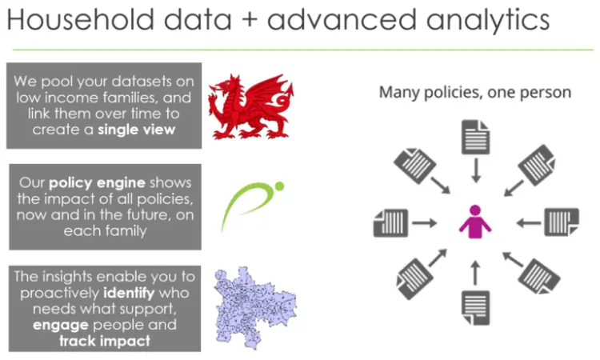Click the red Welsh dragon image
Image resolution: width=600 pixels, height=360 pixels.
pos(251,106)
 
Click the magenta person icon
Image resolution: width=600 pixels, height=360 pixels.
pos(475,222)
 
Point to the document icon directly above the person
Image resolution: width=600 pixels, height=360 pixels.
pos(475,137)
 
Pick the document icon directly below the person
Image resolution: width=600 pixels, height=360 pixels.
pos(475,307)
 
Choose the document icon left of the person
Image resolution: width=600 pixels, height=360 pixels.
pos(390,222)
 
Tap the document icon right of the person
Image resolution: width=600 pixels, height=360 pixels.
pos(562,222)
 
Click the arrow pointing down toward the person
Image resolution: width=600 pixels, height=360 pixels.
pos(476,170)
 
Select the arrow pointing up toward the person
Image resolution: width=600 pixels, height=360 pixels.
pos(475,273)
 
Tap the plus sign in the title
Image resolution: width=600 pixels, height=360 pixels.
pos(250,20)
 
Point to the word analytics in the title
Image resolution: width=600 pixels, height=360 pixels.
pos(488,20)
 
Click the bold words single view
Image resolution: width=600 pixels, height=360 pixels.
pos(136,130)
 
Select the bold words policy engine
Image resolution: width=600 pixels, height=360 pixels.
pos(97,183)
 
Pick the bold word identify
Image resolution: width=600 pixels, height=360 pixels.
pos(129,293)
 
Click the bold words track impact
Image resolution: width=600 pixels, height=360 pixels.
pos(105,341)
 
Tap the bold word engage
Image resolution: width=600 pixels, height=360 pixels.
pos(61,325)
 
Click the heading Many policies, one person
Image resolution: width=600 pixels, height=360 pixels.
pos(475,93)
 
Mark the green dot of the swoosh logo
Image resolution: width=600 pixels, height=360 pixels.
pos(280,186)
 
